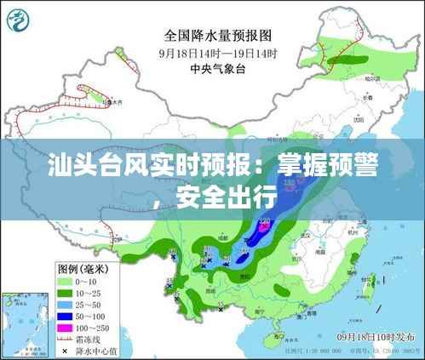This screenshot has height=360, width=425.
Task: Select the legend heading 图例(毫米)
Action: (x=86, y=267)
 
